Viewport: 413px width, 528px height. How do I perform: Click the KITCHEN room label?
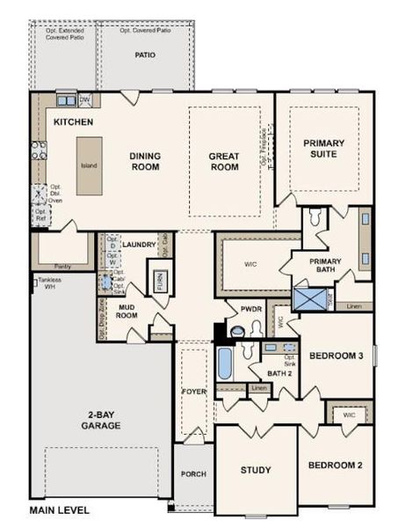[74, 121]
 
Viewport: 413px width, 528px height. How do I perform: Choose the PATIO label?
[145, 55]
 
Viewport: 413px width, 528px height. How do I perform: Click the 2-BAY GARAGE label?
[104, 421]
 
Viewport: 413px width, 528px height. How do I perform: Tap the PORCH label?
[192, 474]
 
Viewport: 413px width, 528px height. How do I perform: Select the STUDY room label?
[256, 470]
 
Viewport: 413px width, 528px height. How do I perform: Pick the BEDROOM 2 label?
[334, 465]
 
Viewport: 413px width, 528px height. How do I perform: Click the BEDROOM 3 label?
[336, 356]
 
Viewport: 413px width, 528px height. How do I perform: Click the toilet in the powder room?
[235, 331]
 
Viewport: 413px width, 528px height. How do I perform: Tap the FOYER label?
[193, 391]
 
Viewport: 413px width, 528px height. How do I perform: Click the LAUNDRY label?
[139, 245]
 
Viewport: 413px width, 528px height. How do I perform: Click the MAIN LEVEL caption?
[59, 510]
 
